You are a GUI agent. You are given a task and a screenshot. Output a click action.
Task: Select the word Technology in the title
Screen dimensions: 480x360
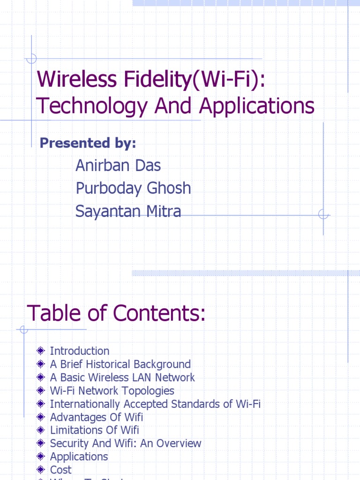(x=92, y=106)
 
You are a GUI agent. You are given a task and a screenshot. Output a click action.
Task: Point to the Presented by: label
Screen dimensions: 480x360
(x=88, y=143)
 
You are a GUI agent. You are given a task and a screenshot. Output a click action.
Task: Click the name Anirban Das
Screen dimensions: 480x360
(x=118, y=165)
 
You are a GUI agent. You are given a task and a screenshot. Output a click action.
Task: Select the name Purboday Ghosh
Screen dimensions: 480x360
(x=133, y=188)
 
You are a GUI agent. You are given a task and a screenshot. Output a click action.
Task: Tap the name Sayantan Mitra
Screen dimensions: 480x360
(x=128, y=211)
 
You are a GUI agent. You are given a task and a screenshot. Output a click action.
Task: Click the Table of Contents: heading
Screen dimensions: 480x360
(x=116, y=313)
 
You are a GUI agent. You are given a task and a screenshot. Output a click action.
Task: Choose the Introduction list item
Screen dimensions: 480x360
(x=79, y=351)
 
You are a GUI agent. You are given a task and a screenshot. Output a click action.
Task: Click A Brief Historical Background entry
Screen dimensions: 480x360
(x=120, y=364)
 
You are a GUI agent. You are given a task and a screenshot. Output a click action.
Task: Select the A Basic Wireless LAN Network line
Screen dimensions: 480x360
(x=122, y=377)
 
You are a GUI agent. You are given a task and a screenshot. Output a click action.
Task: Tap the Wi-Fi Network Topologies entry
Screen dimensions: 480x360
(x=112, y=390)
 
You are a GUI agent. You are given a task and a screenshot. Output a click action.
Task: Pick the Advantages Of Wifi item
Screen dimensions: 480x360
(x=96, y=417)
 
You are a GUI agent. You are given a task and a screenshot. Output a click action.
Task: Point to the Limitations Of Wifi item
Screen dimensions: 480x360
(x=94, y=430)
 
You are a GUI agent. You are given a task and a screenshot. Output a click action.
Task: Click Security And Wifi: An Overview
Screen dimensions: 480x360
(x=125, y=443)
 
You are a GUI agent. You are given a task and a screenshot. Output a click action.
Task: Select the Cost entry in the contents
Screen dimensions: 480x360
(x=60, y=469)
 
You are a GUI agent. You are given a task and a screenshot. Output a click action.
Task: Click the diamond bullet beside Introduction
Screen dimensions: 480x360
(x=41, y=351)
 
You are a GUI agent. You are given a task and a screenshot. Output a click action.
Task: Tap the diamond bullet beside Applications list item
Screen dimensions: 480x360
(x=41, y=456)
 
